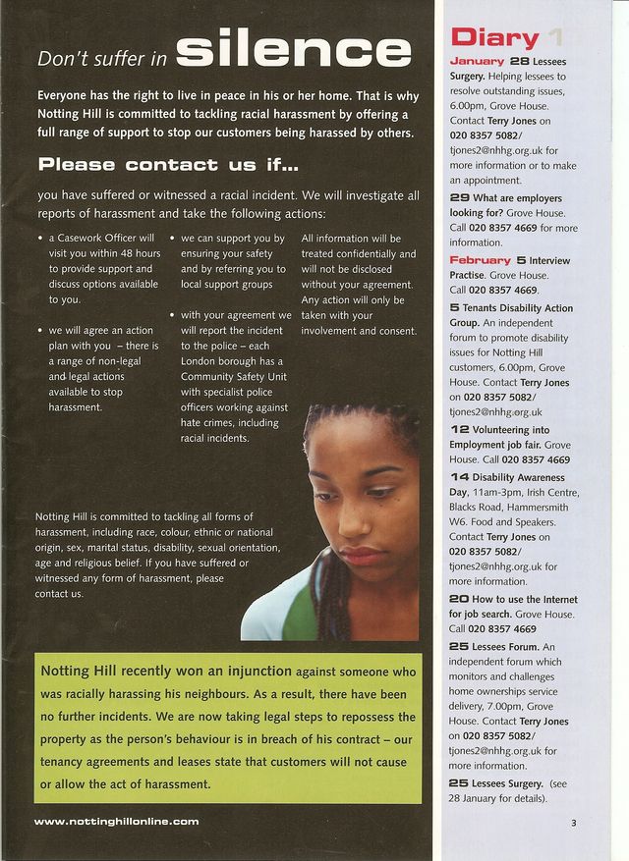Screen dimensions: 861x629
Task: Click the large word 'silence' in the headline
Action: click(x=294, y=50)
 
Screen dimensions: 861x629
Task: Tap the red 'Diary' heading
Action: click(x=494, y=38)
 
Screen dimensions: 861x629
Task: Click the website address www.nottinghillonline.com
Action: click(x=116, y=821)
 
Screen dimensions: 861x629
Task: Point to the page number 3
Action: click(x=573, y=822)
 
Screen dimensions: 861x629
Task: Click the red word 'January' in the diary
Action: click(x=476, y=61)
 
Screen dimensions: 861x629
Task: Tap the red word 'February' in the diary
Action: click(x=481, y=260)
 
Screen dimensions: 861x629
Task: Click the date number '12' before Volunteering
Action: click(x=459, y=430)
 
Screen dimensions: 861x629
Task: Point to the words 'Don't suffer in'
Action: click(x=102, y=59)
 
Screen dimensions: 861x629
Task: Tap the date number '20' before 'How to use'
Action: click(x=459, y=599)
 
